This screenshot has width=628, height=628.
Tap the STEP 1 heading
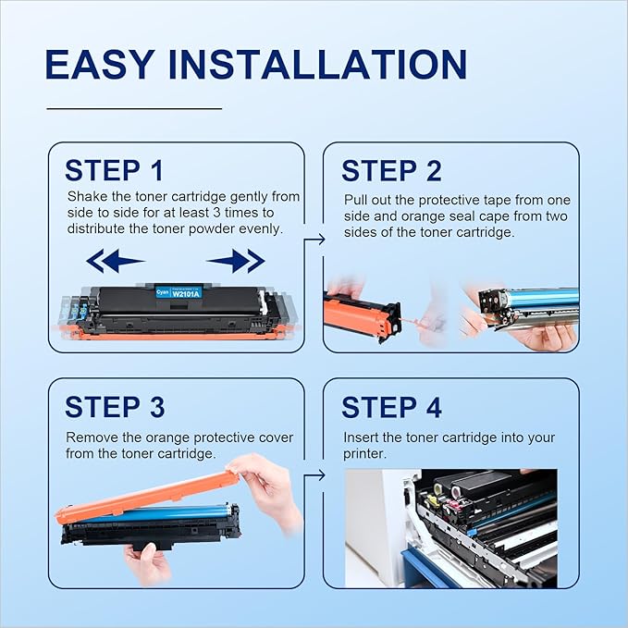[x=114, y=170]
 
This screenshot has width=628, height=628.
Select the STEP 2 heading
[x=391, y=171]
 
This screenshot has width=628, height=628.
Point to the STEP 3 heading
[x=114, y=407]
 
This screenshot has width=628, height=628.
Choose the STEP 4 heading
[x=391, y=408]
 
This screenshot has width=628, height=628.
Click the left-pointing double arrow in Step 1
[x=115, y=262]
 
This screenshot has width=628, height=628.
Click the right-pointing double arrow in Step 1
[x=236, y=262]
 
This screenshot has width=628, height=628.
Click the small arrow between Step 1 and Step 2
[x=315, y=240]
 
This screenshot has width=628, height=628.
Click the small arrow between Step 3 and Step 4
[x=315, y=475]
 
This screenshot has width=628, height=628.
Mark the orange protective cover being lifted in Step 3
[x=143, y=499]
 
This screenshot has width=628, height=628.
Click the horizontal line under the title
[x=133, y=108]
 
